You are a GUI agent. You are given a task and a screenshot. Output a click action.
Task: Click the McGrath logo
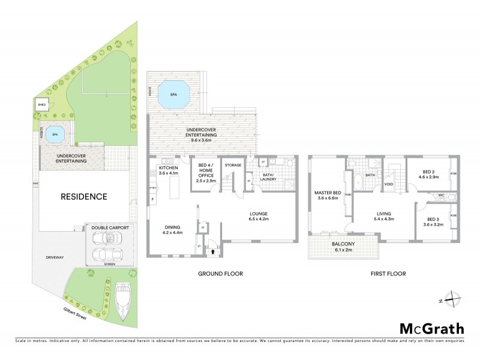tap(431, 328)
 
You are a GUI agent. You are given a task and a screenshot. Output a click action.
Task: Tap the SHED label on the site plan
tap(41, 105)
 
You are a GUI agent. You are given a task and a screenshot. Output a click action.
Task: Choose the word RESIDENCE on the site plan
tap(83, 196)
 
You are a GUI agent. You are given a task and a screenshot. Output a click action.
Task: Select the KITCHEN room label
tap(168, 170)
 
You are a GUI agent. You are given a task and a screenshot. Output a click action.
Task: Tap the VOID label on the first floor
tap(388, 184)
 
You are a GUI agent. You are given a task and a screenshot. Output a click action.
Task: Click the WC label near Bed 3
tap(440, 195)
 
